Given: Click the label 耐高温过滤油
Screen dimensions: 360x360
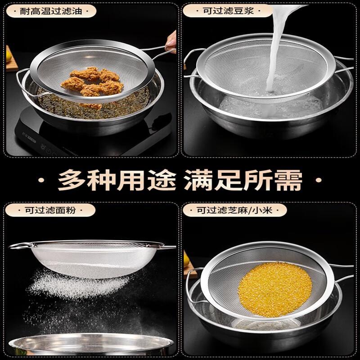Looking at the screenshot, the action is point(51,11).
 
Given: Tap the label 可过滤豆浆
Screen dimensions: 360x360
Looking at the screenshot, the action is point(228,10).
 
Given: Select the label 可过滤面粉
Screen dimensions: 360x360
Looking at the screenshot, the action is point(50,210).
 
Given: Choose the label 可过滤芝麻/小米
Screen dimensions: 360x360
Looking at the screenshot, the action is point(234,210).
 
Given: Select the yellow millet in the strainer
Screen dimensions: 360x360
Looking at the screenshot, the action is point(275,290).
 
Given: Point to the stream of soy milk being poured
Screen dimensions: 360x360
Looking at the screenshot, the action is point(279,46).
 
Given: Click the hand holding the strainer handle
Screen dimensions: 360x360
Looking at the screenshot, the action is point(171,42).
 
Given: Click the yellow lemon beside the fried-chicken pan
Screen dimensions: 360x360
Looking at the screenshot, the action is point(9,56).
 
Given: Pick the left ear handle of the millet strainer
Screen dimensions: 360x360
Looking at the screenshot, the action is point(189,285).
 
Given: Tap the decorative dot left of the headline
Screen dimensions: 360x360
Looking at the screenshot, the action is point(41,180).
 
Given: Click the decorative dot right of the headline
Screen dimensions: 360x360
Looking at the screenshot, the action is point(319,180).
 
